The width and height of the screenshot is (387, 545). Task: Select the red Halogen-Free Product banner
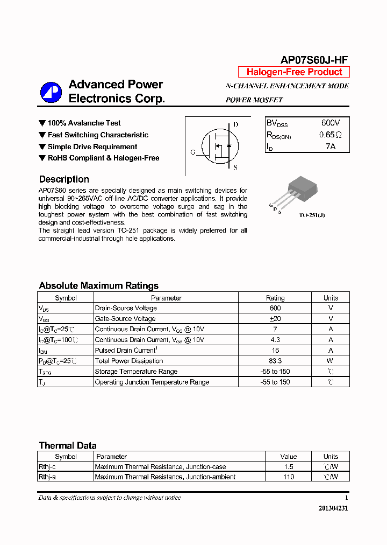pos(294,72)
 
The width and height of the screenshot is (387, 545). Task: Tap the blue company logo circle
pos(51,92)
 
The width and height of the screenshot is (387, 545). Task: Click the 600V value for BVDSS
pos(331,123)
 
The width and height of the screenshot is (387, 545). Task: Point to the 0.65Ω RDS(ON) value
pos(331,135)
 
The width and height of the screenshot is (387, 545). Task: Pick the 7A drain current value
pos(331,146)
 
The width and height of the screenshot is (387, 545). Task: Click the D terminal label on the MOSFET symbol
pos(235,124)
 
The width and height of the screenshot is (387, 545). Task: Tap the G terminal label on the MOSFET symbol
pos(193,152)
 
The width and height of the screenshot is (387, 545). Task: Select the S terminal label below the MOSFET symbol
pos(235,168)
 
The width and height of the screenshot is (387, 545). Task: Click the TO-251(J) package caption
pos(312,215)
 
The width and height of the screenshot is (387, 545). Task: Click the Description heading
pos(64,179)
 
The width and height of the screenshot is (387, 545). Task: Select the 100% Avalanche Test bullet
pos(84,123)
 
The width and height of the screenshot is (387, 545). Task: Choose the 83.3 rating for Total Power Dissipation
pos(275,361)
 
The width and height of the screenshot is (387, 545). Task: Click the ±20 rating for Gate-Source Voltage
pos(275,319)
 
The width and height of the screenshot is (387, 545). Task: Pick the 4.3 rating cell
pos(275,340)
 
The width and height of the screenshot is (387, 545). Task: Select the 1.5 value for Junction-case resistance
pos(289,467)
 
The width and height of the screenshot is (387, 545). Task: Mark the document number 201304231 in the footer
pos(333,508)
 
